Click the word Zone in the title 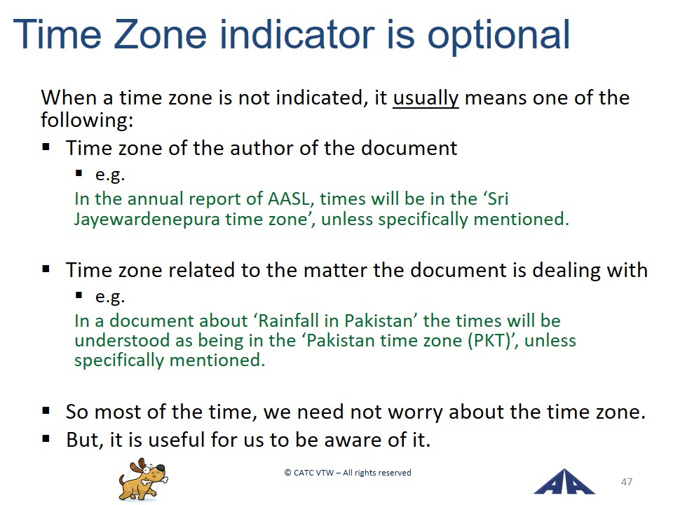160,34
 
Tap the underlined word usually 426,99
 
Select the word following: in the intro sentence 87,120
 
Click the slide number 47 627,482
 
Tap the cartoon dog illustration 143,479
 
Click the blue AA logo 564,481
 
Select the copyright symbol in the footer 287,473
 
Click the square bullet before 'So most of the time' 46,411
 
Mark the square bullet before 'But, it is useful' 46,439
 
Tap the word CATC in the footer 304,473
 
